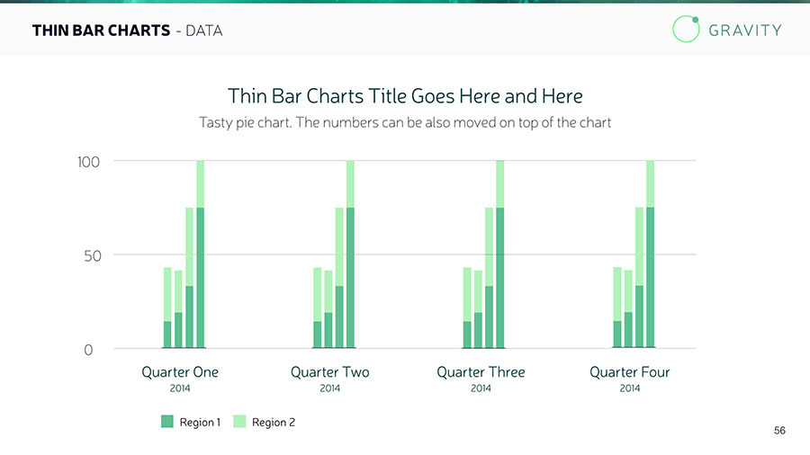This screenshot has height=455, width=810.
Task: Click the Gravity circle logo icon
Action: (x=686, y=29)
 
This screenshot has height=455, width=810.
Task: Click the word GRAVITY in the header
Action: (x=745, y=30)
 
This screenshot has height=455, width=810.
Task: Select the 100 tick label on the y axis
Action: (x=87, y=162)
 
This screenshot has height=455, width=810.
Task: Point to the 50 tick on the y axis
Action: (x=87, y=255)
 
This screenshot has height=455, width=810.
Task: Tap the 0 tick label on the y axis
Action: (x=88, y=350)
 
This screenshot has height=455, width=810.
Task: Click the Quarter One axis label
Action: (x=180, y=372)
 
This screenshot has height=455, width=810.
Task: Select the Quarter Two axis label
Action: (x=329, y=372)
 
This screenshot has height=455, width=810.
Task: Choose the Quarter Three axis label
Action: (x=481, y=372)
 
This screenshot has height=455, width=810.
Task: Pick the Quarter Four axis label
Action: (x=630, y=372)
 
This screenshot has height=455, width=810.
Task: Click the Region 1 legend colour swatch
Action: (x=166, y=422)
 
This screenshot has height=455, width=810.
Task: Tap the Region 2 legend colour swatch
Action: (x=239, y=422)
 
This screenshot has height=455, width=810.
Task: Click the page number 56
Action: (x=779, y=432)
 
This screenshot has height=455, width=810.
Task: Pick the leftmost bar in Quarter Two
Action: (x=317, y=307)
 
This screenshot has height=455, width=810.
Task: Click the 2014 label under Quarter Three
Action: (x=481, y=388)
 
